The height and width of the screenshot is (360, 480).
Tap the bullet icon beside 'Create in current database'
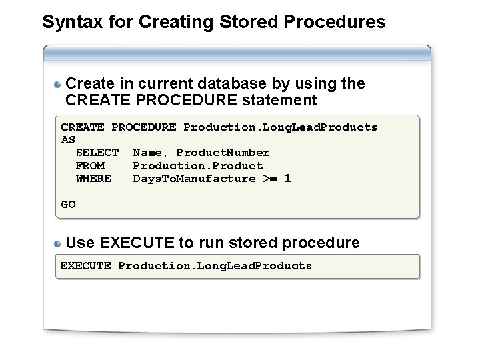[59, 85]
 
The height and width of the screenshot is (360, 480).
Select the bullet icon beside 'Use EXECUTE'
[59, 243]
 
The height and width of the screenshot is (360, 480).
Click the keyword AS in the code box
[68, 140]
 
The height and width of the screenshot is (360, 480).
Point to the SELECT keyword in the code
[97, 153]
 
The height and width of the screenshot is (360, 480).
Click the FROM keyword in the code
[90, 165]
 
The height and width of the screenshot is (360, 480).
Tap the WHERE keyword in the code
[94, 178]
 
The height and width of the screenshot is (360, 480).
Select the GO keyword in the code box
[68, 204]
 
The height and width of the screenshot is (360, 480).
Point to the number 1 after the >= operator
[287, 178]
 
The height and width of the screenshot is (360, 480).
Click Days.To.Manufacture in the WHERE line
[194, 178]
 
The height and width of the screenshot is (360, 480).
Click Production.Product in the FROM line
[198, 165]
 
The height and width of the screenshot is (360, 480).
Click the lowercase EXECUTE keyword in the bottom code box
[86, 266]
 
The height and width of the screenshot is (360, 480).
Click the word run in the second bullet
[219, 243]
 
